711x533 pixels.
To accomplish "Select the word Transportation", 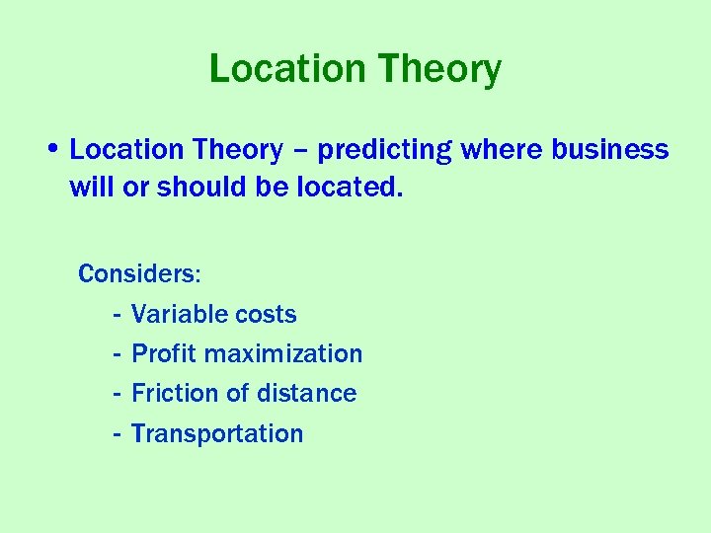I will [217, 433].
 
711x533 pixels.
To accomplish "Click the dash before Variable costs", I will [117, 315].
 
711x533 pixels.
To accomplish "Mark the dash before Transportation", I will [117, 434].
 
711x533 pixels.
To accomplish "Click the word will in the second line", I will [91, 188].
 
